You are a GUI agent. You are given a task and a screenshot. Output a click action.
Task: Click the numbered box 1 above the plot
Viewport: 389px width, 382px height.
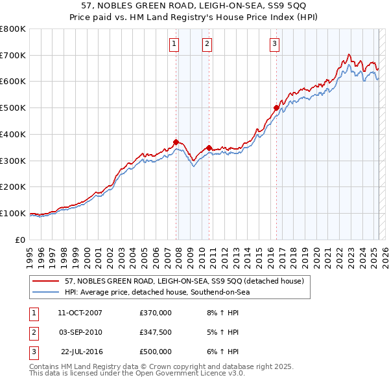175,44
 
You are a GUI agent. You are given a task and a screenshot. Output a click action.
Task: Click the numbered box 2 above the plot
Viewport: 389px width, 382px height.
207,44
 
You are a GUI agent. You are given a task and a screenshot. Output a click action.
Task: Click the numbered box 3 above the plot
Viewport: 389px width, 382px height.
275,44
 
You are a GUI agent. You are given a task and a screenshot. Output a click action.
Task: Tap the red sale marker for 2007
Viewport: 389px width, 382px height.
176,142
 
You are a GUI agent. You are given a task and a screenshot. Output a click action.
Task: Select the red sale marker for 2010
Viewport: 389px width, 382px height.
209,148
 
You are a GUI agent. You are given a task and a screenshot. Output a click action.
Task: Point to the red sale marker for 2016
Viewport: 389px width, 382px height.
276,107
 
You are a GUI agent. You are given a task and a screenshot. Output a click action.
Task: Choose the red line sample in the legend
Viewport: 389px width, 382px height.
47,282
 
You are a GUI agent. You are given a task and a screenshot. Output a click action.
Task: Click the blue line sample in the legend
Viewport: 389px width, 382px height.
47,292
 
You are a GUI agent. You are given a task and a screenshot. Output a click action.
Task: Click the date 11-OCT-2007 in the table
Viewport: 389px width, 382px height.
80,313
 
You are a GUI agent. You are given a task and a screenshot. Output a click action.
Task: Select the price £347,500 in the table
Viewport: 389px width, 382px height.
156,332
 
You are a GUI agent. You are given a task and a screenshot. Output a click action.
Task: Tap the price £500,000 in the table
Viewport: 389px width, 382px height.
156,352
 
